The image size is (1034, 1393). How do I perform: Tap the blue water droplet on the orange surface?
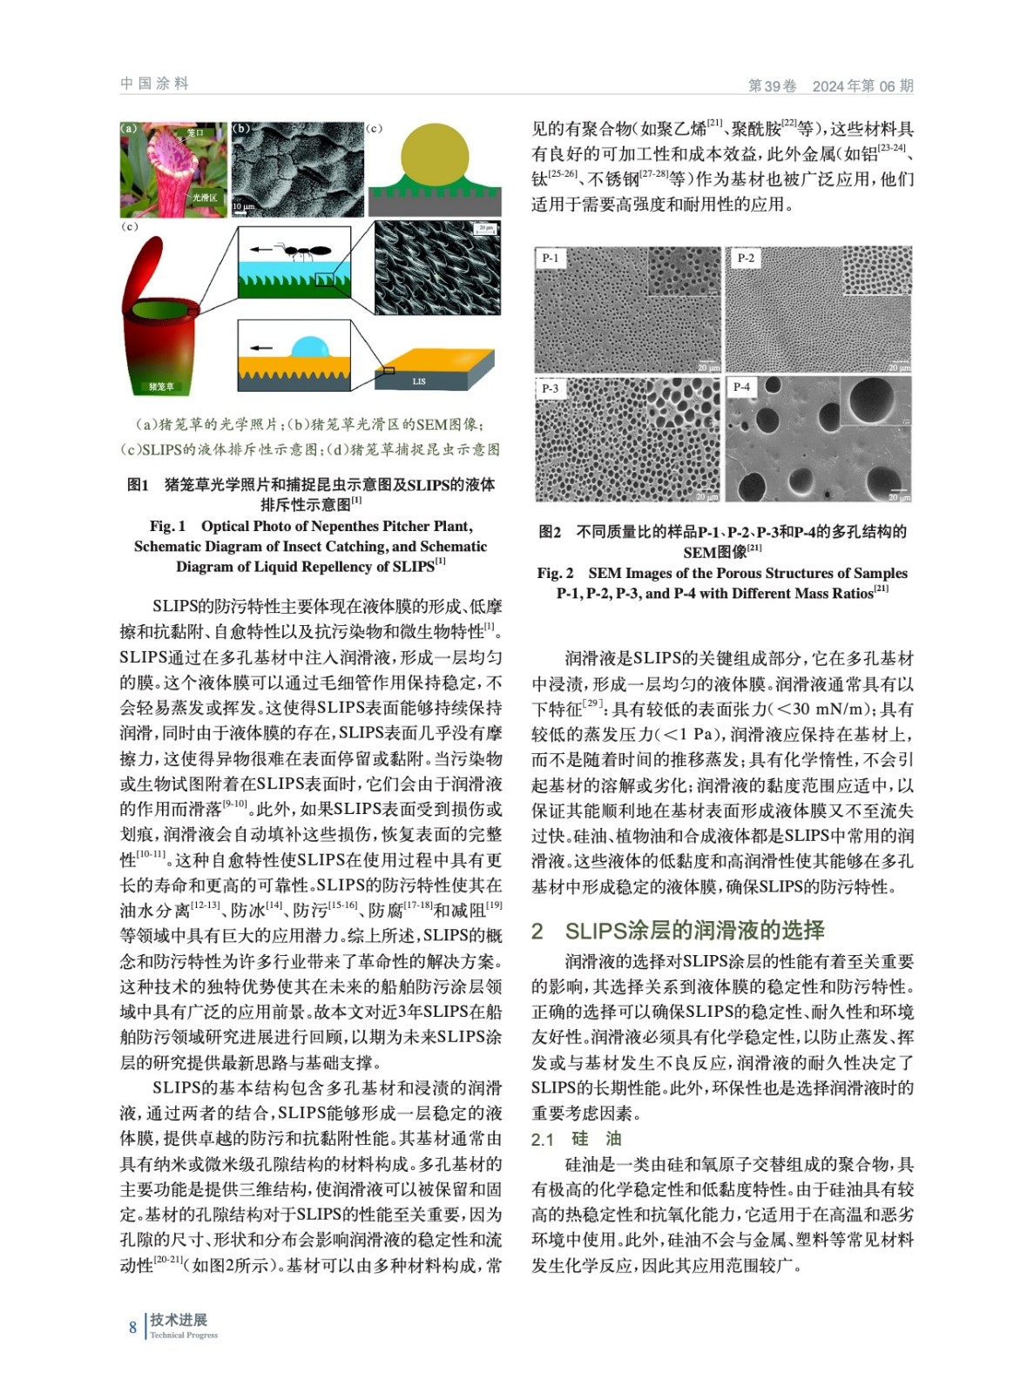310,346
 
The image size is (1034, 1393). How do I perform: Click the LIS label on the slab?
419,380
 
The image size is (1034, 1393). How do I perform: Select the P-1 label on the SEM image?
550,258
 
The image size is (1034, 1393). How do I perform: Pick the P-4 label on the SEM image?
741,387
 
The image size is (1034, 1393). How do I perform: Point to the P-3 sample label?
550,387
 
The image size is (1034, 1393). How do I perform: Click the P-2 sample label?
746,258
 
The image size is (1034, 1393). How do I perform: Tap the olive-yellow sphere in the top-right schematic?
434,153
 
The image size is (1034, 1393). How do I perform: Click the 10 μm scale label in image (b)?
244,205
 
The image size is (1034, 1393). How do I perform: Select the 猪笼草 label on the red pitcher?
161,386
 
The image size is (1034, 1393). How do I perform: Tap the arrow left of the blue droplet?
260,347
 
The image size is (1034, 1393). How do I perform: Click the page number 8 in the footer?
132,1327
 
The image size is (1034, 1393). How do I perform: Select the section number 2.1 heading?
543,1140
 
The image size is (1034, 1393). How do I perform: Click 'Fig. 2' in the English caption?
555,573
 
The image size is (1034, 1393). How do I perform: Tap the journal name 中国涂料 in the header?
154,84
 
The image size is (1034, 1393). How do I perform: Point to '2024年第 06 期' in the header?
862,85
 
